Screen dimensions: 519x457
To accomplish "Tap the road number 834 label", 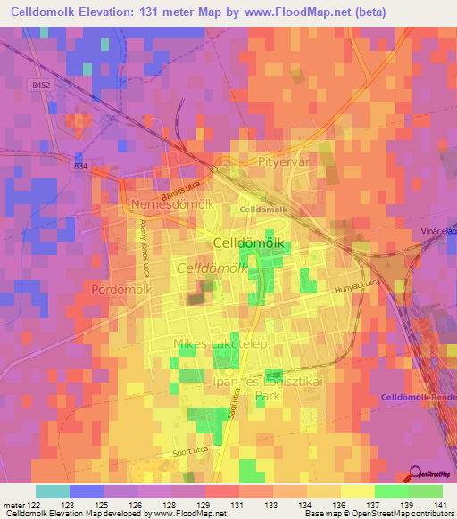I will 82,166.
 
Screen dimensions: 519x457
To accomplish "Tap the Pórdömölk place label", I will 123,290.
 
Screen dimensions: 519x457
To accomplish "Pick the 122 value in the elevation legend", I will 33,506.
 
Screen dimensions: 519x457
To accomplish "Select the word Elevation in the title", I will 117,12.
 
